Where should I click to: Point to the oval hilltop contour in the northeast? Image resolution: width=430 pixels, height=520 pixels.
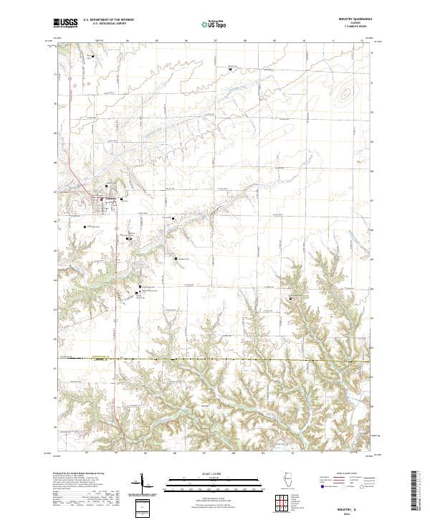347,93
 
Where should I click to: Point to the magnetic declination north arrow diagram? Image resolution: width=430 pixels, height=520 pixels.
141,483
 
